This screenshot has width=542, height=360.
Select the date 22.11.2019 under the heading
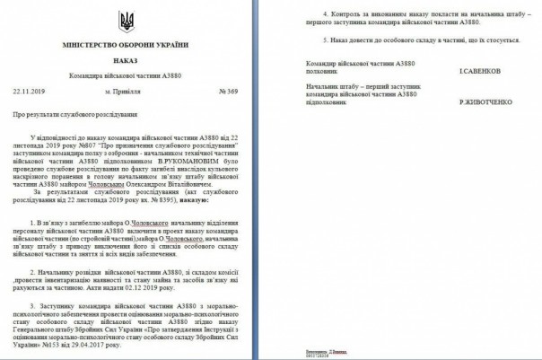point(30,92)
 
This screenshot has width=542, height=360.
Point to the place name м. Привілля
point(124,92)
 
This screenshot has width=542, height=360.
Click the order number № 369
point(228,92)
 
